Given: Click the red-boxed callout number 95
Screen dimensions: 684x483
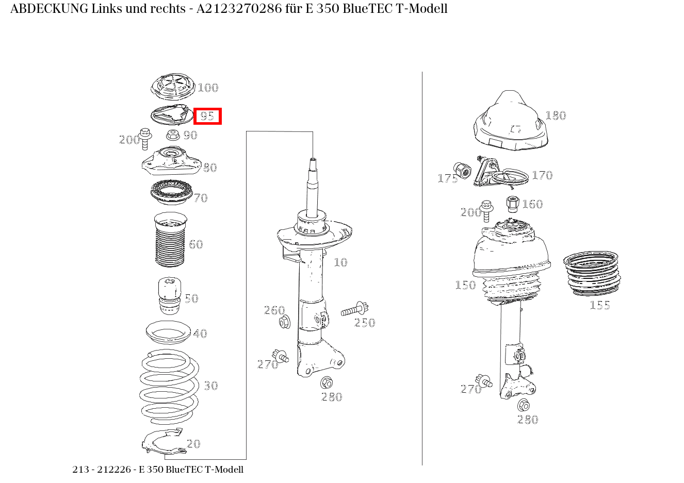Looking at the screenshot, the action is [207, 116].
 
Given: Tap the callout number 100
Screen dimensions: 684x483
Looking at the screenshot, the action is [208, 88].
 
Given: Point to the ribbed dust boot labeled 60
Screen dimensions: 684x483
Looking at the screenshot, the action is [170, 240].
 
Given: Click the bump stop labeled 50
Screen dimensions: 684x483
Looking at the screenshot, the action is [170, 296].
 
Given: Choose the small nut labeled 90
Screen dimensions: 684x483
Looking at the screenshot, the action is [173, 135].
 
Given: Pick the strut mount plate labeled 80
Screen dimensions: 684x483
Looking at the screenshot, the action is [172, 161].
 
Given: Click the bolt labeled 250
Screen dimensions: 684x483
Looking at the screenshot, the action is [355, 310].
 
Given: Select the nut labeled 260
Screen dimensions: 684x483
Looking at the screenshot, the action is [285, 322].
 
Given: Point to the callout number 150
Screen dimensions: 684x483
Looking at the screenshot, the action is [465, 285].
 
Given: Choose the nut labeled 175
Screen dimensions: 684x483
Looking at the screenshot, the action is [462, 171].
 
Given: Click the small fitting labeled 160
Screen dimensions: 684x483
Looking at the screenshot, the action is [513, 204].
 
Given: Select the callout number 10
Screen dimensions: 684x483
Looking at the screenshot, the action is [340, 262].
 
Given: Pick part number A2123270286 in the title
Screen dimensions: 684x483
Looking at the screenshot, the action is [239, 9].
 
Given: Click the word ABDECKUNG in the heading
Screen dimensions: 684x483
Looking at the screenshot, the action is [50, 9].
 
